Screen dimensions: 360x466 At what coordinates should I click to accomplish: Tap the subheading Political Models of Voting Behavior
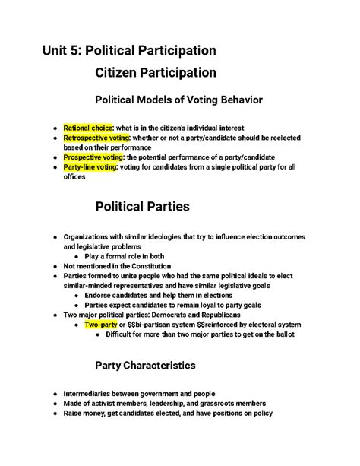(177, 99)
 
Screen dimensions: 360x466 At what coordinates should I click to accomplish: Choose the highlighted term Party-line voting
(90, 167)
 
